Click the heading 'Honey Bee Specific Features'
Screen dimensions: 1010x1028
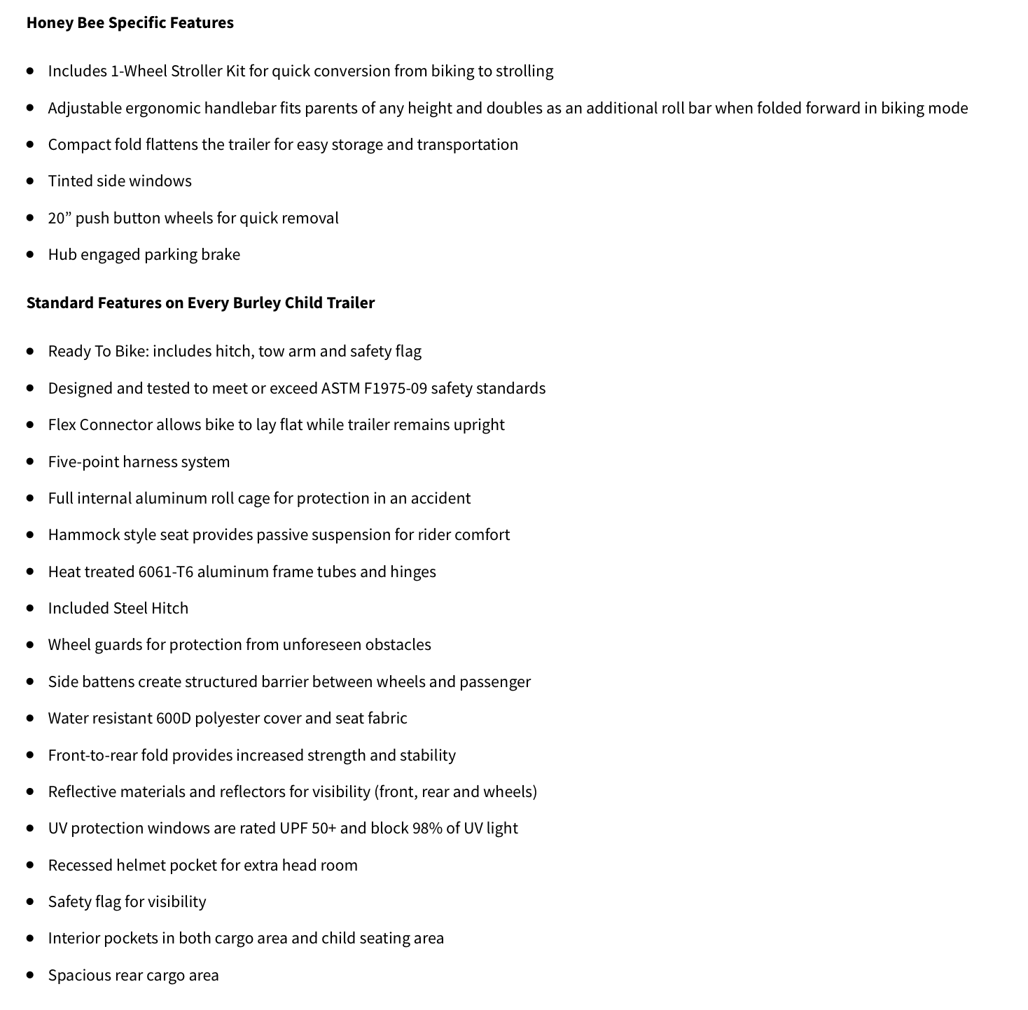[130, 22]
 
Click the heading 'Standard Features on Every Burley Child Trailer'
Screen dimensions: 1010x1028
[200, 303]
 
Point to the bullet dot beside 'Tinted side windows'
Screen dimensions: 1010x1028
[30, 181]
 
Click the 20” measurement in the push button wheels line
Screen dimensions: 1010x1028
[59, 218]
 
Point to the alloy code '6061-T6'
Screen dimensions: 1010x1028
[165, 572]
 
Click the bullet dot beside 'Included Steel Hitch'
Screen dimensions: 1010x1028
[30, 608]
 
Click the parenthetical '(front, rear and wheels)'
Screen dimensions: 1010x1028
[456, 791]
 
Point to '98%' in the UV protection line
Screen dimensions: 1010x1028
[426, 828]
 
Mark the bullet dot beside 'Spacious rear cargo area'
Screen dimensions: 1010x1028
[30, 975]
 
